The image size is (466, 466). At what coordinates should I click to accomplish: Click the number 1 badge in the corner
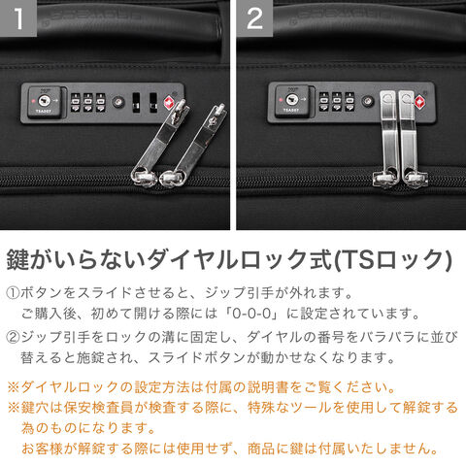pyautogui.click(x=18, y=17)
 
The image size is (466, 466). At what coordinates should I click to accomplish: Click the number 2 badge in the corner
pyautogui.click(x=254, y=17)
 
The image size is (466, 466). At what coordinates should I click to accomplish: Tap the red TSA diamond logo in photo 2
pyautogui.click(x=419, y=102)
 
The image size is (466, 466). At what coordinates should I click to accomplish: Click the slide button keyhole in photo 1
pyautogui.click(x=44, y=101)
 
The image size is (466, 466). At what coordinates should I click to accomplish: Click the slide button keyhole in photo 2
pyautogui.click(x=292, y=99)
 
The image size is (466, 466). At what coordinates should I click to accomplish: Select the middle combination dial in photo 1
pyautogui.click(x=88, y=103)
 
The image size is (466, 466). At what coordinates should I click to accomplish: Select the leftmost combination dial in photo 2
pyautogui.click(x=324, y=102)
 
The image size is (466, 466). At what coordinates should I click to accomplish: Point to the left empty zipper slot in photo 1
pyautogui.click(x=136, y=103)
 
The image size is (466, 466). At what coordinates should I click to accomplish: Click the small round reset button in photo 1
pyautogui.click(x=118, y=102)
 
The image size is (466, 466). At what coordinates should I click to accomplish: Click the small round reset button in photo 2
pyautogui.click(x=367, y=101)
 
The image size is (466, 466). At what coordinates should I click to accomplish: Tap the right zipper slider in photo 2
pyautogui.click(x=416, y=178)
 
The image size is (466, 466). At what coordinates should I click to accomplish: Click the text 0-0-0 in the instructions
pyautogui.click(x=251, y=314)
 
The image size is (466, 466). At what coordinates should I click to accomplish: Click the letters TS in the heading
pyautogui.click(x=356, y=260)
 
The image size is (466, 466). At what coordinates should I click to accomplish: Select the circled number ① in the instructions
pyautogui.click(x=13, y=293)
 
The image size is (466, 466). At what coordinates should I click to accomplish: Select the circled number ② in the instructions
pyautogui.click(x=13, y=337)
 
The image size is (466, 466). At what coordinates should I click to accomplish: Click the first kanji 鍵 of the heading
pyautogui.click(x=18, y=259)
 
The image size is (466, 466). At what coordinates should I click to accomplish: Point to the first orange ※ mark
pyautogui.click(x=14, y=387)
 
